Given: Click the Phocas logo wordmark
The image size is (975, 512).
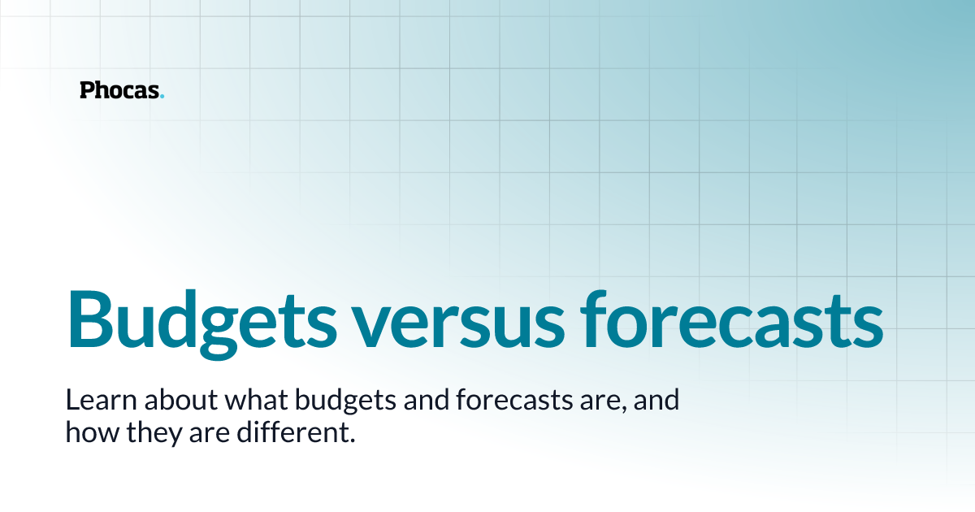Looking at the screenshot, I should pos(121,90).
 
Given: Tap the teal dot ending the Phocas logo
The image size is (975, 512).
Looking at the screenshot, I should pos(162,97).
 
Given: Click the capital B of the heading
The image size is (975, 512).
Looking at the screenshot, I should pos(88,317).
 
